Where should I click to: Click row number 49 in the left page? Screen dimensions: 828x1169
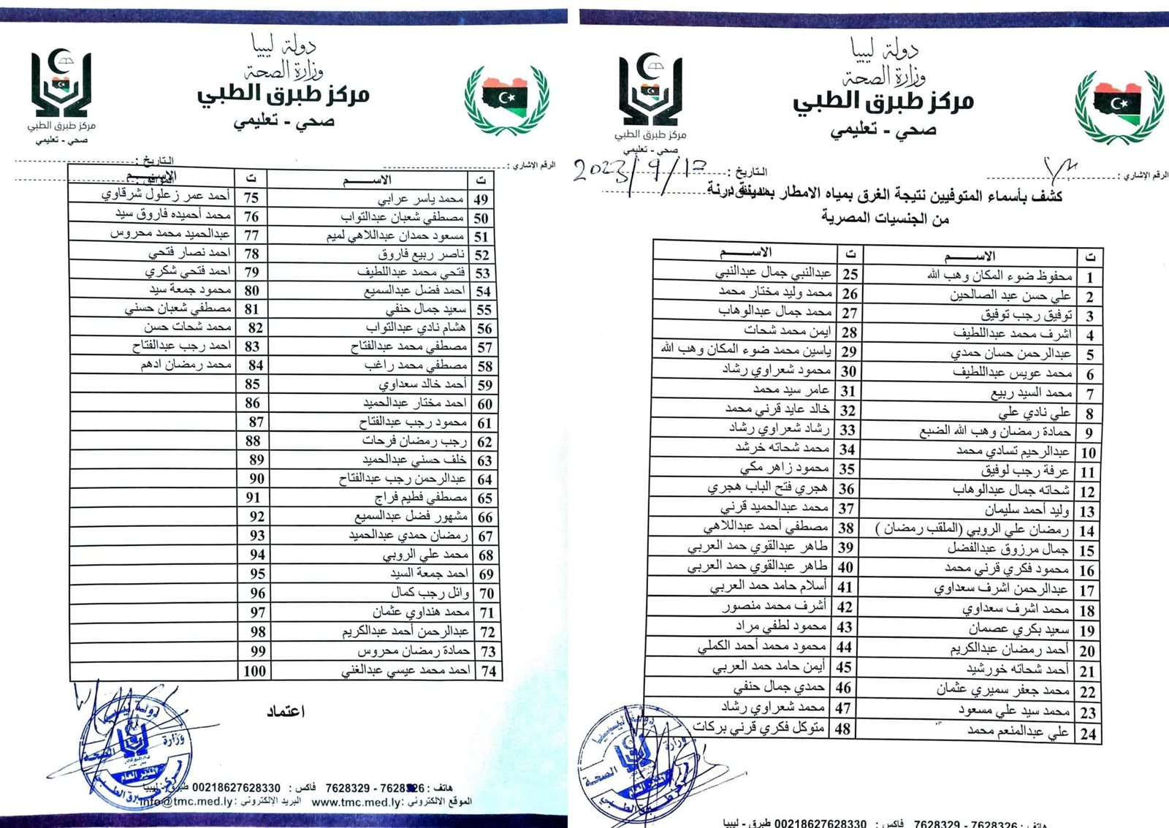pyautogui.click(x=481, y=200)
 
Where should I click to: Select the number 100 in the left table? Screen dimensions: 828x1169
pyautogui.click(x=254, y=671)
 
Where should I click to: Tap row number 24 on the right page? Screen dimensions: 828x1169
pyautogui.click(x=1088, y=734)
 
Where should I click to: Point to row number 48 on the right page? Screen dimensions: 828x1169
pyautogui.click(x=843, y=729)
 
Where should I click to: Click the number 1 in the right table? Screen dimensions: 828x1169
pyautogui.click(x=1089, y=278)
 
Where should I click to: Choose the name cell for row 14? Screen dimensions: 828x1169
pyautogui.click(x=972, y=530)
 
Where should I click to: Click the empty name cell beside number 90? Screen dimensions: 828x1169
pyautogui.click(x=153, y=479)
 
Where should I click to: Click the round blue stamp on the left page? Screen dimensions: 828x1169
pyautogui.click(x=135, y=753)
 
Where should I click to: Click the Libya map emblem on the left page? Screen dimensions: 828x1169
pyautogui.click(x=507, y=99)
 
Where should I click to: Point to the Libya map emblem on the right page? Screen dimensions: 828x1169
pyautogui.click(x=1119, y=106)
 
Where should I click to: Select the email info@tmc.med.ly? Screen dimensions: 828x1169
pyautogui.click(x=186, y=801)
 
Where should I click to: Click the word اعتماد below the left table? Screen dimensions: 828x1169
pyautogui.click(x=286, y=711)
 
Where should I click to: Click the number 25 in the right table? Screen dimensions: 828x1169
pyautogui.click(x=850, y=274)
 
